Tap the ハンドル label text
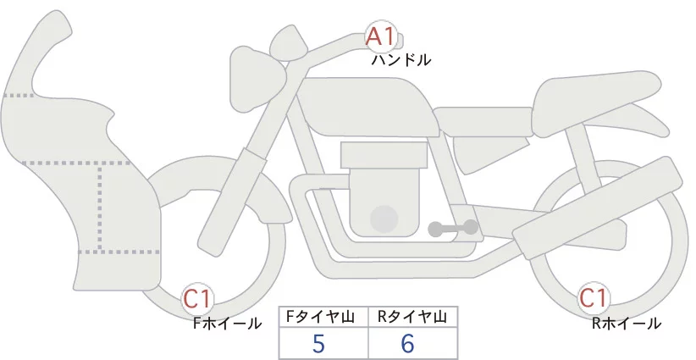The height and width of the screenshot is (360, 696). coord(401,60)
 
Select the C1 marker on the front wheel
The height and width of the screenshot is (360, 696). coord(198,298)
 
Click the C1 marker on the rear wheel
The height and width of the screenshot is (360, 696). coord(594,298)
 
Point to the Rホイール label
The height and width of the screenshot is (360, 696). coord(627,323)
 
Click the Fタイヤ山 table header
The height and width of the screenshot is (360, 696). coord(323,317)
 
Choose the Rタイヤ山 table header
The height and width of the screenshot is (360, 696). coord(412,317)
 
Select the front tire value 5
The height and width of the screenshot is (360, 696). coord(318,344)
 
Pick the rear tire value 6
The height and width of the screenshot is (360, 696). coord(407,344)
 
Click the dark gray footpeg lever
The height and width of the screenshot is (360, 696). coord(453,228)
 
